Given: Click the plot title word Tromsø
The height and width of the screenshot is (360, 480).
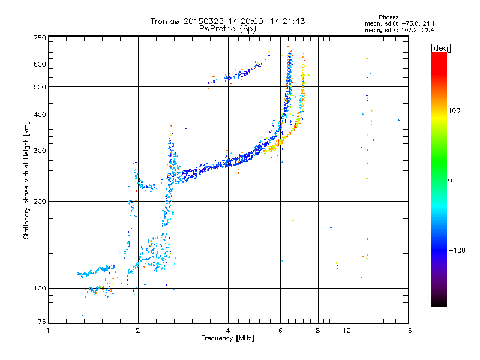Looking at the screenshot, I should pyautogui.click(x=165, y=21).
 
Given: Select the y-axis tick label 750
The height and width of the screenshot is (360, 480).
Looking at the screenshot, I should pyautogui.click(x=40, y=38).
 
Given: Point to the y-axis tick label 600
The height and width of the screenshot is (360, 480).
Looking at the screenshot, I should pyautogui.click(x=40, y=64).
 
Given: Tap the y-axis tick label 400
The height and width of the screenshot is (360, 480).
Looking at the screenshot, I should pyautogui.click(x=40, y=115).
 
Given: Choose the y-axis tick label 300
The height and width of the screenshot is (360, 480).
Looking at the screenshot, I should pyautogui.click(x=40, y=151).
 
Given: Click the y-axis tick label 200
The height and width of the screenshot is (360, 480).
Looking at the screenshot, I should pyautogui.click(x=40, y=202).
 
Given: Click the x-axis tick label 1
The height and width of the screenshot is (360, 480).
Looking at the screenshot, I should pyautogui.click(x=48, y=331).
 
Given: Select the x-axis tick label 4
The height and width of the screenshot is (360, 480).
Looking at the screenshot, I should pyautogui.click(x=228, y=331).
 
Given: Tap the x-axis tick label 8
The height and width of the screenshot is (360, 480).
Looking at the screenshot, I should pyautogui.click(x=318, y=331).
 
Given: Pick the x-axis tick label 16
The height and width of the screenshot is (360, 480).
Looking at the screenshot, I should pyautogui.click(x=407, y=331).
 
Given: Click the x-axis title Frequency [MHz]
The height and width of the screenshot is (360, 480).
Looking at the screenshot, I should pyautogui.click(x=227, y=339).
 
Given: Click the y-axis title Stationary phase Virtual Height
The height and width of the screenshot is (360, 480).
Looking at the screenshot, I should pyautogui.click(x=26, y=180).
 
